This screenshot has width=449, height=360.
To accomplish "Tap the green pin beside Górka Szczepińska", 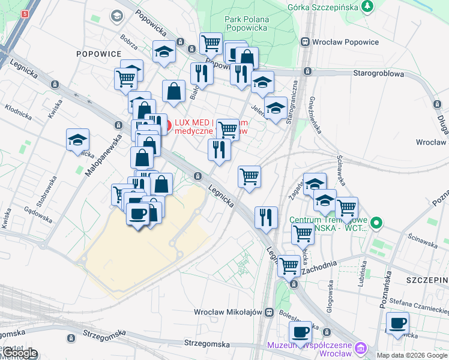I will (x=366, y=7).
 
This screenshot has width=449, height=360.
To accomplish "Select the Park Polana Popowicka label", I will (x=247, y=23).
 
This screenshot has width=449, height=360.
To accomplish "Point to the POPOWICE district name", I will (x=99, y=53).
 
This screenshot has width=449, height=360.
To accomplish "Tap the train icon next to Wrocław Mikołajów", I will (x=270, y=312).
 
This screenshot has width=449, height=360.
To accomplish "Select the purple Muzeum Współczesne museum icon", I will (x=360, y=348).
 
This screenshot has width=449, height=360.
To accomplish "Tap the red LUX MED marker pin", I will (x=167, y=125).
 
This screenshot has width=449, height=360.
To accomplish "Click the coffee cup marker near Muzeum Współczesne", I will (x=301, y=331).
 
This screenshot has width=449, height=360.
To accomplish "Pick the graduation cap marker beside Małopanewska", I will (x=77, y=139).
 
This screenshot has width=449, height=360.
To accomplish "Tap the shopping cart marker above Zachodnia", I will (x=289, y=264).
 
